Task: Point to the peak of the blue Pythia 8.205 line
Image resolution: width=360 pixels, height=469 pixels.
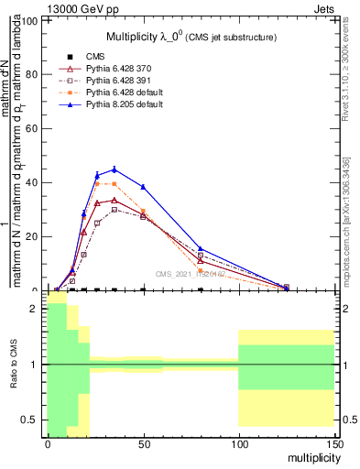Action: click(x=114, y=169)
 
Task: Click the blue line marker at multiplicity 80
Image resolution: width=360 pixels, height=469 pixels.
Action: click(x=201, y=248)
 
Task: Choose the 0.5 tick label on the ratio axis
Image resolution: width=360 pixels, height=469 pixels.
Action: click(x=29, y=420)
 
